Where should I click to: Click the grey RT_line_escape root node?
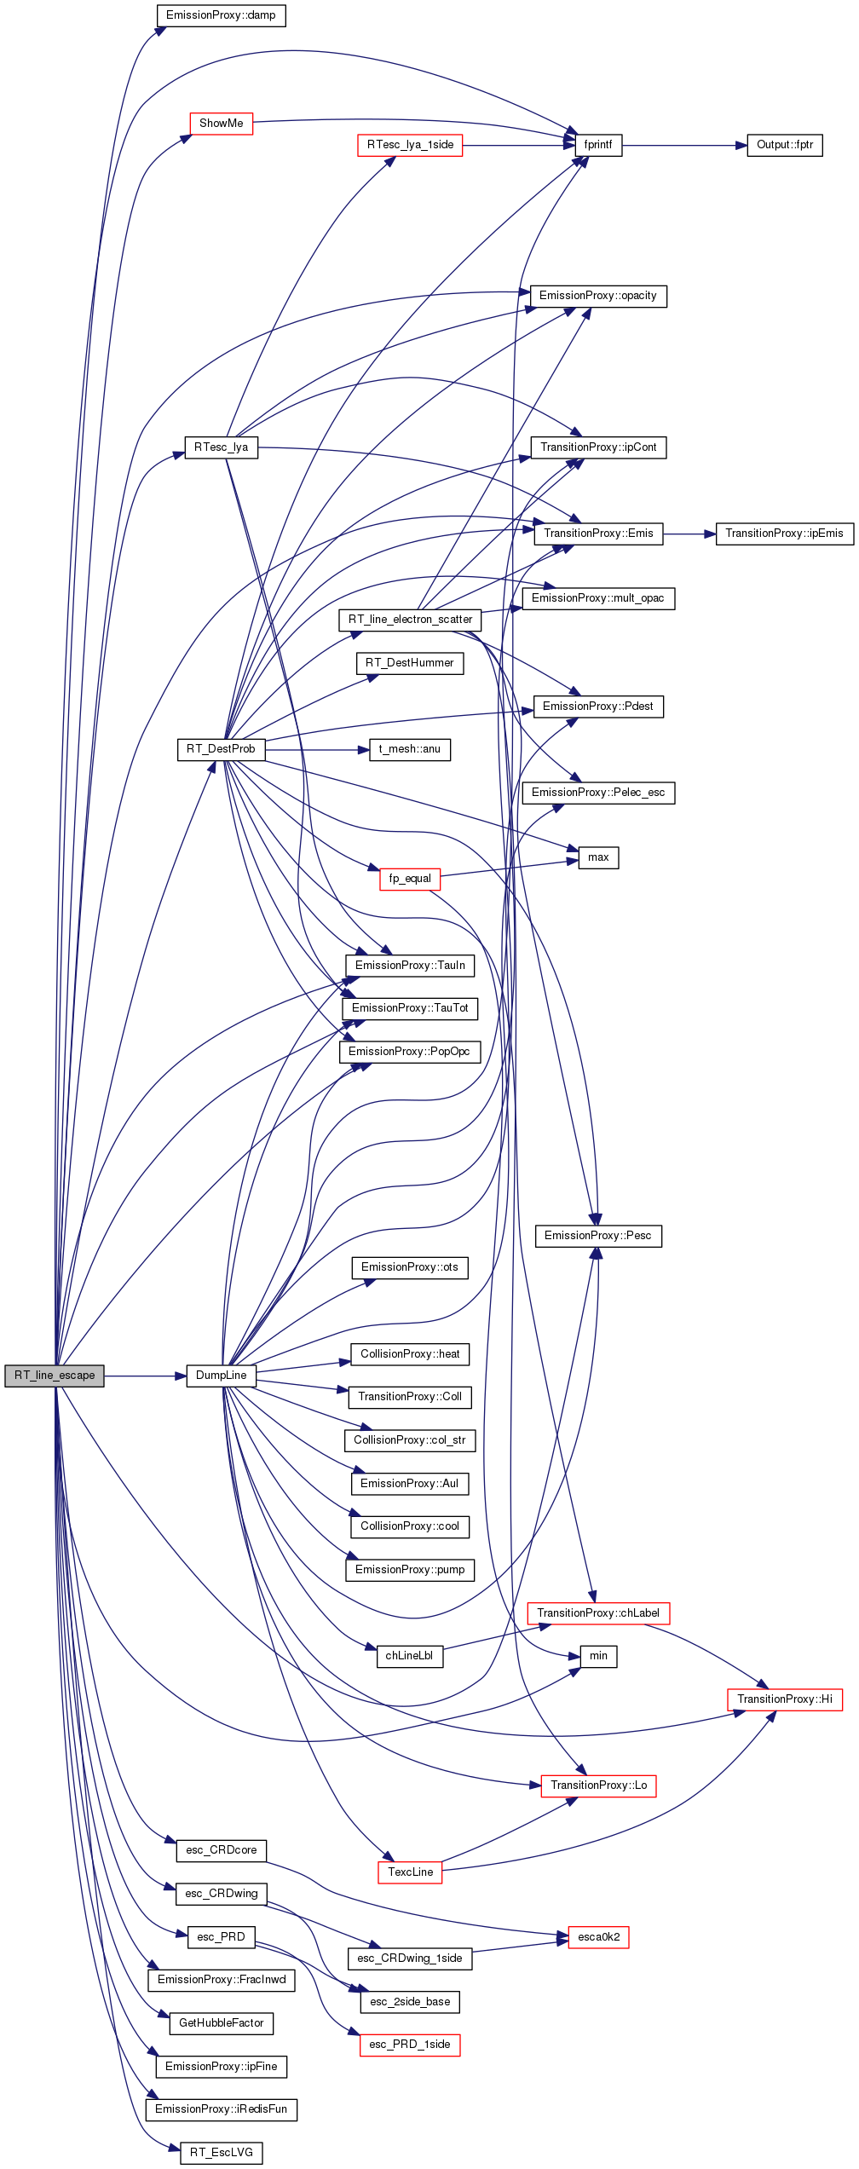pos(55,1376)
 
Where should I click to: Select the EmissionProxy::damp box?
pos(221,15)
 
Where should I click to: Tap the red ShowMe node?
pos(222,124)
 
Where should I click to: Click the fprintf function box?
pos(598,145)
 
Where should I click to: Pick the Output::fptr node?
pos(785,145)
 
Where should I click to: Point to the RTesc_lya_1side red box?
pos(410,145)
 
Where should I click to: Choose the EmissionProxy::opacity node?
pos(598,296)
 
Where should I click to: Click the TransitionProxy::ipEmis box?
pos(785,534)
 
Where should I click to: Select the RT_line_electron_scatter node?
pos(410,620)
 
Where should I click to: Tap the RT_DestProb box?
pos(221,749)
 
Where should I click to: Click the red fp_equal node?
pos(410,879)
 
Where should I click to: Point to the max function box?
pos(598,857)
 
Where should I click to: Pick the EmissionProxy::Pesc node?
pos(598,1236)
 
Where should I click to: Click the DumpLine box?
pos(222,1376)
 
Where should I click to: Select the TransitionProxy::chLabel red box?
pos(598,1613)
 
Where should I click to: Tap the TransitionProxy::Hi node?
pos(785,1699)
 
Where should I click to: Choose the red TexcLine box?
pos(410,1872)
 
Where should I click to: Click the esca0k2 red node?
pos(598,1937)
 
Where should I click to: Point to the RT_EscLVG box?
pos(222,2153)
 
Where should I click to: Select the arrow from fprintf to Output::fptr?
pos(684,146)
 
